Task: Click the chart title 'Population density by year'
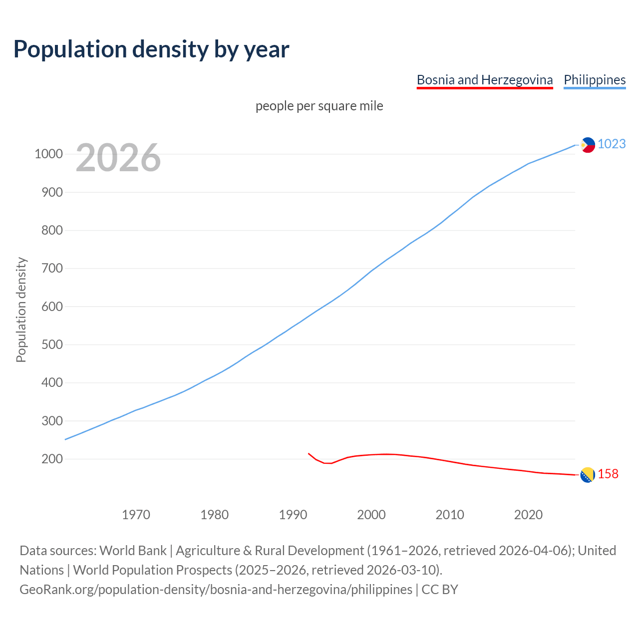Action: point(151,49)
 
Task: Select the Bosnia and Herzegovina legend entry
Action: point(484,80)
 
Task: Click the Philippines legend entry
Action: point(594,80)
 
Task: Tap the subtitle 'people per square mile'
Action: point(319,106)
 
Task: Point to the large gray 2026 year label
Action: point(118,158)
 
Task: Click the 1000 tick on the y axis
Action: point(48,154)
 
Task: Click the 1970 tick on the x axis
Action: point(136,515)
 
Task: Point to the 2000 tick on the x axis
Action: point(371,515)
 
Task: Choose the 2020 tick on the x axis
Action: point(528,515)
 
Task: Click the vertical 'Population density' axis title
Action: point(21,310)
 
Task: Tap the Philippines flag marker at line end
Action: point(588,145)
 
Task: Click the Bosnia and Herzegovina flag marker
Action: point(588,475)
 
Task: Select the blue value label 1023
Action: point(612,144)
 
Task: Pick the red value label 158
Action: point(608,474)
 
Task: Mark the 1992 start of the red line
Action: point(309,453)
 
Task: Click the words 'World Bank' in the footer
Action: point(133,550)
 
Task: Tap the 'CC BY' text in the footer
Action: point(439,589)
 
